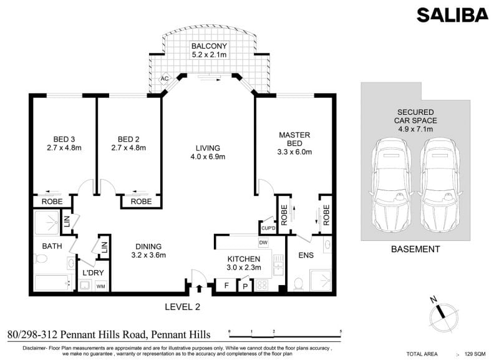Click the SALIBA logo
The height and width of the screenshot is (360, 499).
point(452,15)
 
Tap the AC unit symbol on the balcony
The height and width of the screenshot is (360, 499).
point(164,79)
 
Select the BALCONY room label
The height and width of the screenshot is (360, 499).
point(209,46)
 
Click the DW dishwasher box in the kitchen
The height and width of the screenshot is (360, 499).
point(263,243)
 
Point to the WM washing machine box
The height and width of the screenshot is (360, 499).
point(100,286)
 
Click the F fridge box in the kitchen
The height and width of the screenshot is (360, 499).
point(226,285)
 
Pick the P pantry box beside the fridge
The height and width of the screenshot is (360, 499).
point(245,286)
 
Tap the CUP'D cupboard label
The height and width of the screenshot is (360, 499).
point(268,228)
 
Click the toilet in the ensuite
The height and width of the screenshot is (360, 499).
point(299,284)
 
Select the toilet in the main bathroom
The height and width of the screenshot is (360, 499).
point(41,258)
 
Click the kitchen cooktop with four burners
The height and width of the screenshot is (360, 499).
point(262,285)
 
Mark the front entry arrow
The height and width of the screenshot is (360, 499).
point(199,288)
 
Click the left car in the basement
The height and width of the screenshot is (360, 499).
point(390,185)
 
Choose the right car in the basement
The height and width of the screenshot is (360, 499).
point(440,185)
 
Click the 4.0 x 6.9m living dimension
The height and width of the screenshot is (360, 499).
point(208,157)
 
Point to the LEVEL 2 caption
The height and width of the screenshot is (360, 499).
point(183,307)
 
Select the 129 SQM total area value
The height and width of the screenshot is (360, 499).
point(475,354)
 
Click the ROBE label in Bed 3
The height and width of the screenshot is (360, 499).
point(52,202)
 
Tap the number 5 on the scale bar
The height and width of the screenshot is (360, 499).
point(341,331)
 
